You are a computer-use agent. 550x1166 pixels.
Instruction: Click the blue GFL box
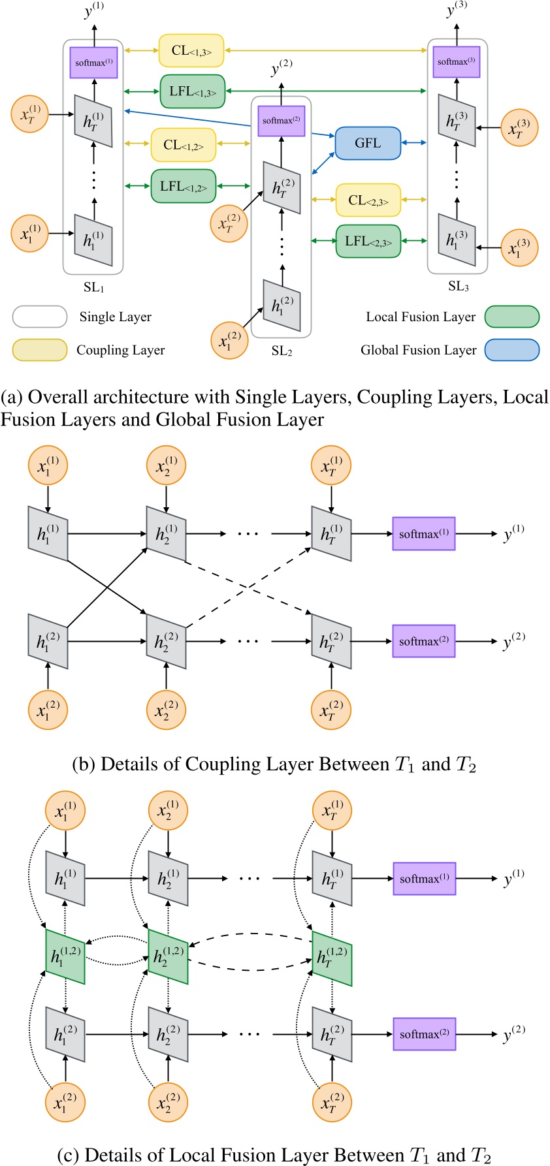point(368,143)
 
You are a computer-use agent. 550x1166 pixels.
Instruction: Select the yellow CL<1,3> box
point(191,51)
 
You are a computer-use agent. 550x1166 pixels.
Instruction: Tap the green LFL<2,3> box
point(368,241)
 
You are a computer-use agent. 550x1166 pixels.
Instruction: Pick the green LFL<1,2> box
point(184,186)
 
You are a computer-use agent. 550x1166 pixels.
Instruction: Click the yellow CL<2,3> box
point(368,200)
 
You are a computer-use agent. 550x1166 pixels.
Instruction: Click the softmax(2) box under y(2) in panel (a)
point(282,121)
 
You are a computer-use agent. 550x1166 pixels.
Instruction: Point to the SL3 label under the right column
point(458,286)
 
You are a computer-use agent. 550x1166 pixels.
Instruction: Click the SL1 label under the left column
point(93,287)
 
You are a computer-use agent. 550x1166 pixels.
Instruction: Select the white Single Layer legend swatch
point(40,317)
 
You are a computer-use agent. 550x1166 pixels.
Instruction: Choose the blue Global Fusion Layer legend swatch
point(512,350)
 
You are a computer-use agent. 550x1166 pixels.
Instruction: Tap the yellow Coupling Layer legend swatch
point(40,350)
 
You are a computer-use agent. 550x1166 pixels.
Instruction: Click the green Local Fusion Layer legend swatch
point(512,317)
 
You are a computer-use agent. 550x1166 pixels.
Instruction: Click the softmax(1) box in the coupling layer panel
point(423,533)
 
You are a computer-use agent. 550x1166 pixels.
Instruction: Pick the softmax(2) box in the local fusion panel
point(423,1034)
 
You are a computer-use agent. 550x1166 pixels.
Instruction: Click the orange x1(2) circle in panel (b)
point(48,710)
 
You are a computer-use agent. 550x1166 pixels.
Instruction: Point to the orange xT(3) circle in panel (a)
point(519,128)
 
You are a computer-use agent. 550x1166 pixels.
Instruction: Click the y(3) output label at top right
point(455,10)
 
